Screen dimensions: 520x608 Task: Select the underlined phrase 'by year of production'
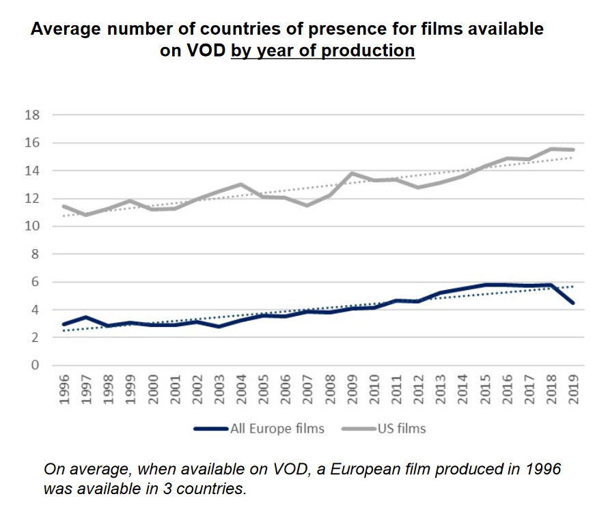pos(322,50)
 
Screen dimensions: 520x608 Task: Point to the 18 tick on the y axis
pos(31,115)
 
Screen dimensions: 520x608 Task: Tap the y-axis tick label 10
pos(31,227)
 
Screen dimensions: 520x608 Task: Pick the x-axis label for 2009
pos(353,390)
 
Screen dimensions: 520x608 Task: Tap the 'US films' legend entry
pos(401,429)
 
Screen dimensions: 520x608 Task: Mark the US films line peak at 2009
pos(353,173)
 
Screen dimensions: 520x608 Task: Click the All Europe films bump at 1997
pos(86,317)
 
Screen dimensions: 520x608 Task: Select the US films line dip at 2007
pos(308,205)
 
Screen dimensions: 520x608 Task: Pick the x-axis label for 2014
pos(463,390)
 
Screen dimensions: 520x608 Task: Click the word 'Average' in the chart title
pos(62,29)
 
